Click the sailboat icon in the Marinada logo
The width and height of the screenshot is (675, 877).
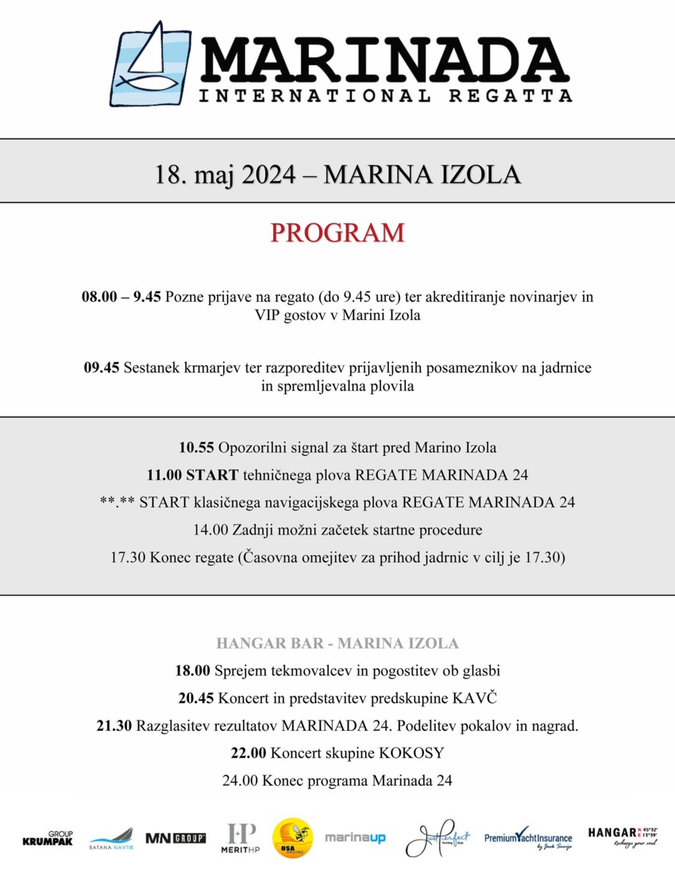[151, 64]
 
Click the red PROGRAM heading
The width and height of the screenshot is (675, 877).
[337, 233]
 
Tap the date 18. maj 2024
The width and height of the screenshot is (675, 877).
[224, 173]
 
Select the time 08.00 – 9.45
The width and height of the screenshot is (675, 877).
[121, 296]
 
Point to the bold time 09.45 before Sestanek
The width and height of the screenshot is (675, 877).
[102, 368]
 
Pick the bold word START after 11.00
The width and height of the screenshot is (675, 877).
[212, 475]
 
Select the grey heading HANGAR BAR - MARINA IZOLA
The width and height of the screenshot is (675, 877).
[337, 643]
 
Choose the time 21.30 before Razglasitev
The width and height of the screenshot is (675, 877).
[114, 725]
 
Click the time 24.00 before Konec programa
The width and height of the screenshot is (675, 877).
[240, 780]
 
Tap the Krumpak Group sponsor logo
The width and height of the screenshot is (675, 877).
[48, 838]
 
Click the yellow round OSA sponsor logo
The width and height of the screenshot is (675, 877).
[292, 838]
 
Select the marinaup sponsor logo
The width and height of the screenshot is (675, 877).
[355, 838]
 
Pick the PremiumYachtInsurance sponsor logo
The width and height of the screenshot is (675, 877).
[528, 839]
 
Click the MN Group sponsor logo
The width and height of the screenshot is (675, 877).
[175, 838]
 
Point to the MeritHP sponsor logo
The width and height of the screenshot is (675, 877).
[241, 838]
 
